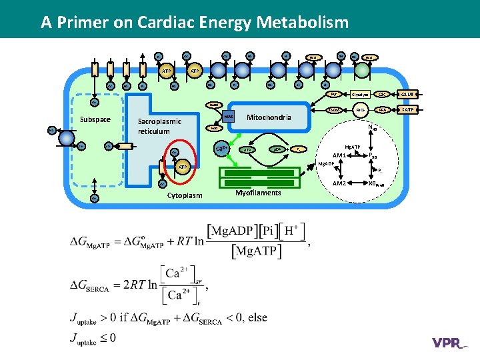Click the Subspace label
click(x=93, y=120)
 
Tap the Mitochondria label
click(x=269, y=117)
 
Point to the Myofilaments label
click(x=259, y=193)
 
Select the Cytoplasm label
click(x=185, y=195)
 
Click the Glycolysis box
click(x=361, y=95)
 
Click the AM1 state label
click(x=339, y=155)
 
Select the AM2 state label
click(x=339, y=183)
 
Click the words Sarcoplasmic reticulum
click(x=159, y=127)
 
